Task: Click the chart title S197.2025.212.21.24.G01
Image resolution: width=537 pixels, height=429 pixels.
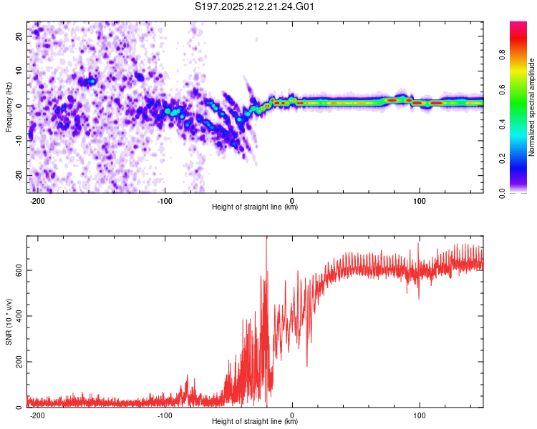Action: click(x=254, y=6)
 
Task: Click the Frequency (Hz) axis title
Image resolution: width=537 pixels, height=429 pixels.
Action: click(x=9, y=107)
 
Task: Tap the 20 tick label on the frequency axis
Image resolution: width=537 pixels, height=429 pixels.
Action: click(x=19, y=36)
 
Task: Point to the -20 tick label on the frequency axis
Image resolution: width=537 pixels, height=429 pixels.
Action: click(x=19, y=176)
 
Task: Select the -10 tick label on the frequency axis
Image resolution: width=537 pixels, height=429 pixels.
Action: click(x=19, y=141)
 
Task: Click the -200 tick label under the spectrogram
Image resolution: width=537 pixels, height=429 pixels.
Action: click(x=37, y=201)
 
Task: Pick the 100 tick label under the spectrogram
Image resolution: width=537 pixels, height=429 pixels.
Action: click(x=419, y=201)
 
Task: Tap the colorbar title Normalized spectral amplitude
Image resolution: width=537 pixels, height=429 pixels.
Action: click(x=531, y=107)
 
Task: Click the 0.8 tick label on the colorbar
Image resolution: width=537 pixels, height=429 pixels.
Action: click(x=502, y=55)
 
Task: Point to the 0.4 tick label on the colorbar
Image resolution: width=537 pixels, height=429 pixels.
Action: click(x=502, y=124)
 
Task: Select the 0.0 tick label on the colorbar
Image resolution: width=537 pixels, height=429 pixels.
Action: click(x=502, y=194)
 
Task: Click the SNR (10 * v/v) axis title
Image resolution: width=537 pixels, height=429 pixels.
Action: click(x=9, y=322)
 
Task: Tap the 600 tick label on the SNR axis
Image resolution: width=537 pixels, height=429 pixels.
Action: click(x=19, y=270)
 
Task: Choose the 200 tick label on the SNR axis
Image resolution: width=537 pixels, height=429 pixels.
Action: click(x=19, y=362)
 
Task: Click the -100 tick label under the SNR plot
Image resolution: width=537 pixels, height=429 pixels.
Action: click(x=165, y=415)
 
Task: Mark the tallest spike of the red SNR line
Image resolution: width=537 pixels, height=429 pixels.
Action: click(x=266, y=237)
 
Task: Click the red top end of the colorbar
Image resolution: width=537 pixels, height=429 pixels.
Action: click(x=518, y=24)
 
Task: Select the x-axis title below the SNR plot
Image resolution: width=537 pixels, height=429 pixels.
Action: click(x=255, y=421)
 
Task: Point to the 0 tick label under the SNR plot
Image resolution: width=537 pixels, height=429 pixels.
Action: click(x=292, y=415)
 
